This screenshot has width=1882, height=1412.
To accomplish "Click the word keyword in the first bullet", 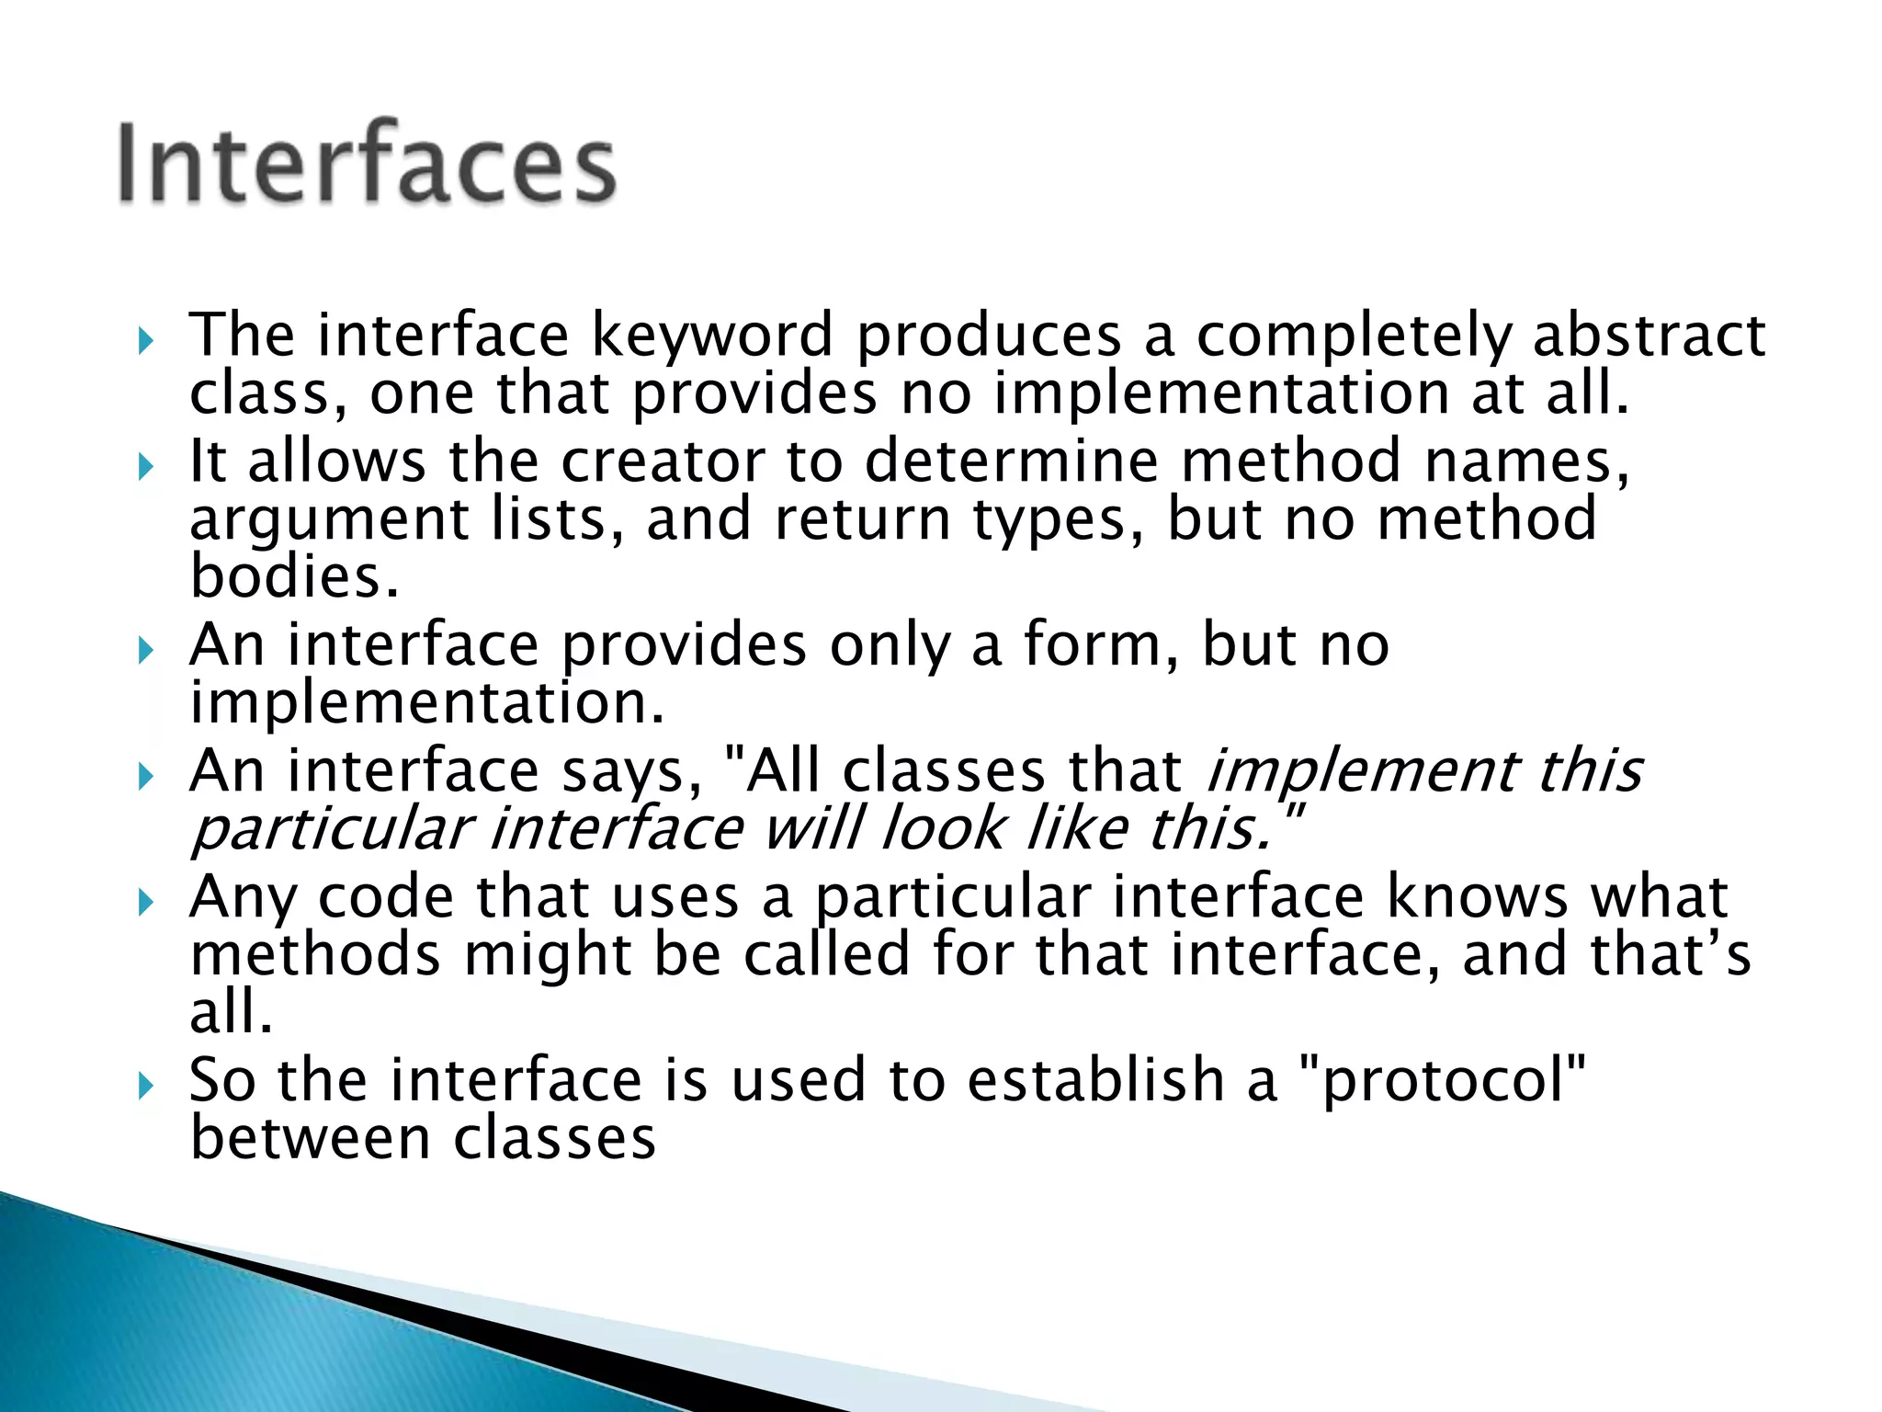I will click(x=711, y=336).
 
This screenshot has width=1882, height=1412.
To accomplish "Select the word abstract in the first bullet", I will click(x=1649, y=336).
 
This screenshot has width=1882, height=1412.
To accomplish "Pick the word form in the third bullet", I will click(x=1099, y=644).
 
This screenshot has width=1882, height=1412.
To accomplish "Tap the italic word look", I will click(x=943, y=829).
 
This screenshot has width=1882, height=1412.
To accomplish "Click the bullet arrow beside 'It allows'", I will click(x=146, y=467).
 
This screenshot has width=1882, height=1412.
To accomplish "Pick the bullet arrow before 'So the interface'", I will click(x=146, y=1087).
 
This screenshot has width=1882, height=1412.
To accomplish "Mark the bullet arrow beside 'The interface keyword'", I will click(x=146, y=342).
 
